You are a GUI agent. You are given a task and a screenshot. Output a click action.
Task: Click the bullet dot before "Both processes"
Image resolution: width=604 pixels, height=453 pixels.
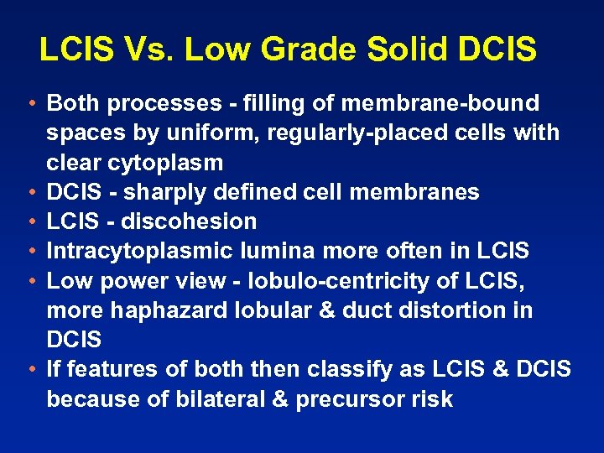click(29, 104)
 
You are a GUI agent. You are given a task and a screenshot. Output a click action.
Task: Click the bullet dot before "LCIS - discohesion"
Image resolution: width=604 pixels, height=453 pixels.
click(29, 222)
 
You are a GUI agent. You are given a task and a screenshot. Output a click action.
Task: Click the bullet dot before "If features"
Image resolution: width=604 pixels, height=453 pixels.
click(29, 369)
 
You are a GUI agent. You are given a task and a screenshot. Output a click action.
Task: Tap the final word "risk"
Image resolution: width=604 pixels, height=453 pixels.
click(432, 398)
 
